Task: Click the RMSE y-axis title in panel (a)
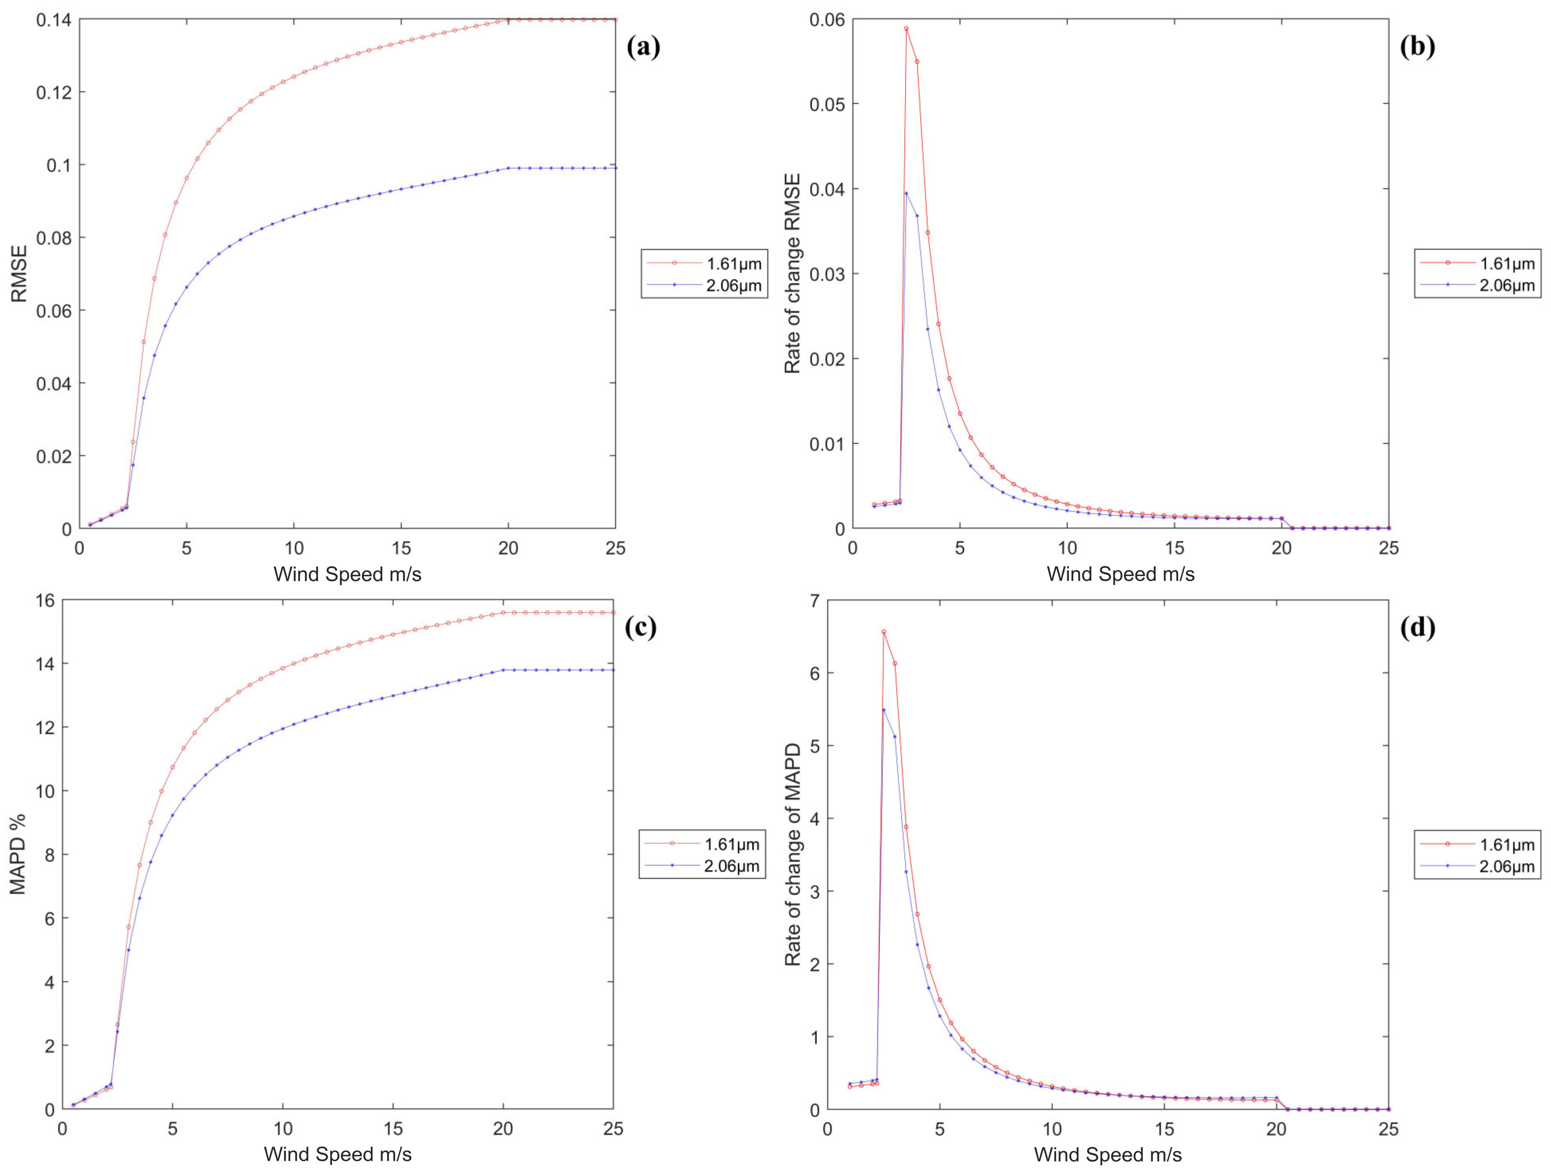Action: click(x=19, y=273)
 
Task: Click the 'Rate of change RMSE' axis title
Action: click(x=792, y=273)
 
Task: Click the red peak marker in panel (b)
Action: click(x=906, y=29)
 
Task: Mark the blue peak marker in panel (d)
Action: click(x=883, y=710)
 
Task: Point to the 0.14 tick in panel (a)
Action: click(x=53, y=20)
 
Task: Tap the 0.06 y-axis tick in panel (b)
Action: click(x=827, y=20)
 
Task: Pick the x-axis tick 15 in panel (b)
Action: click(x=1174, y=548)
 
